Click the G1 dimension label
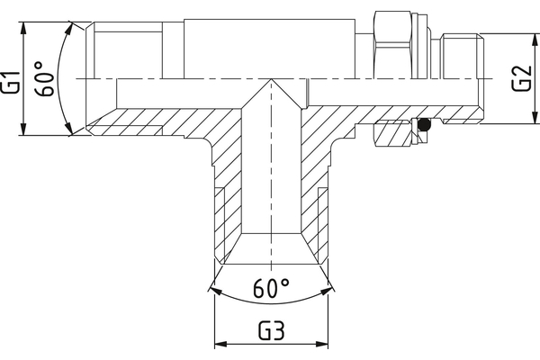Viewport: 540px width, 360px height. (x=12, y=80)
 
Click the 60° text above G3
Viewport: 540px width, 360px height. (x=271, y=289)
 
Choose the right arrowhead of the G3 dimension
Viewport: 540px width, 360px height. (x=324, y=344)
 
